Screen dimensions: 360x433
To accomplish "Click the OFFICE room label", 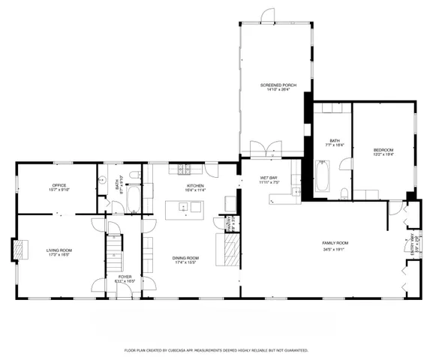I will tap(59, 184).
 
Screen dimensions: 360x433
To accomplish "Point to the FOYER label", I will tap(125, 277).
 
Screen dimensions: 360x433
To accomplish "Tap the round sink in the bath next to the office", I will tap(101, 179).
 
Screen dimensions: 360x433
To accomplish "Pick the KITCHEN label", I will tap(195, 185).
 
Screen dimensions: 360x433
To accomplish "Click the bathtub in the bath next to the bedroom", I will tap(322, 178).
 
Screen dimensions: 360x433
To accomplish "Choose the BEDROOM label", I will tap(383, 150).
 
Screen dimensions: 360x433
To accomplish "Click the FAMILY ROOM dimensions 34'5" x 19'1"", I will tap(335, 248).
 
